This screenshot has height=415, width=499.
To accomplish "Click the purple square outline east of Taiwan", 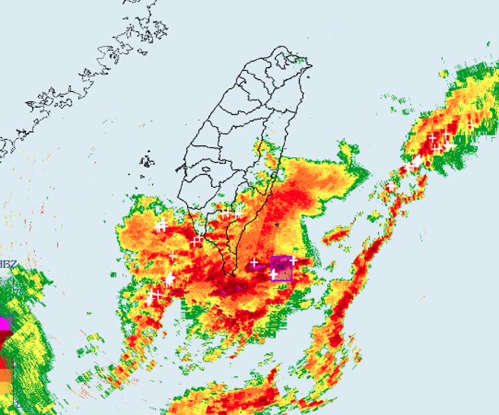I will tap(281, 268).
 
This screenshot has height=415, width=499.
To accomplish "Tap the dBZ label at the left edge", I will tap(8, 265).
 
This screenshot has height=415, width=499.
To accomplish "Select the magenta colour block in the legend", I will tap(5, 323).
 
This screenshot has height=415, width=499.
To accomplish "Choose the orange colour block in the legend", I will tap(5, 375).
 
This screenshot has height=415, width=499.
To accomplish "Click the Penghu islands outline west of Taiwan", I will tap(146, 160).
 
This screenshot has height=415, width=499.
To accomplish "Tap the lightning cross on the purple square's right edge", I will tap(293, 260).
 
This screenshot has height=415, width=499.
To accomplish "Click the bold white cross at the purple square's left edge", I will tap(273, 274).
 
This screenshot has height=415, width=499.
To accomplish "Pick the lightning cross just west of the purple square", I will tap(254, 263).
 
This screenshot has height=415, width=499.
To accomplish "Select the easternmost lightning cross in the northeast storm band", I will tap(472, 124).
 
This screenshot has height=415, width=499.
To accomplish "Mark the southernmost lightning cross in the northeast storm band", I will tap(390, 186).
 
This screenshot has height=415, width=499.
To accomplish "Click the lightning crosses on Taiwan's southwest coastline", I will tap(198, 240).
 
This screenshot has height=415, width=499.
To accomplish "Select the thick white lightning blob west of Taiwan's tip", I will tap(170, 279).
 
